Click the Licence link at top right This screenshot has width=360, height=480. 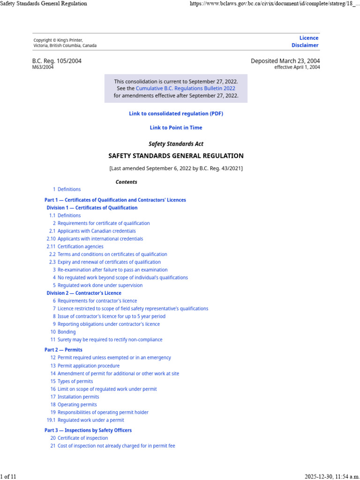[309, 38]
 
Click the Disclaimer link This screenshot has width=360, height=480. [305, 45]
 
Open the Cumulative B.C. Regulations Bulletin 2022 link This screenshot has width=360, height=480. [185, 88]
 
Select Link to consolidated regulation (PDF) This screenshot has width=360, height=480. [176, 113]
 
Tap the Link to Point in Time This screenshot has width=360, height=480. [176, 127]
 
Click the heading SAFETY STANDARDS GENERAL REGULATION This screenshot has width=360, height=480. [176, 156]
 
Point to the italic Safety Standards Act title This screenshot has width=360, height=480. [176, 144]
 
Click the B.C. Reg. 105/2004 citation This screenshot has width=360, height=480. [57, 61]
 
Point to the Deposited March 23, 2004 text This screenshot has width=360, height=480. [285, 61]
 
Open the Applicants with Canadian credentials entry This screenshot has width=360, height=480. [97, 231]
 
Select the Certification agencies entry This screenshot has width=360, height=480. [80, 247]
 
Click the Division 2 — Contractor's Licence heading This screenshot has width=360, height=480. [84, 293]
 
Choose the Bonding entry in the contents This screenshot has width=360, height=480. [67, 332]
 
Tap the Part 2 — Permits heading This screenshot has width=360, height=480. [63, 350]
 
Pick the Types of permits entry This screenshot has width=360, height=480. [75, 382]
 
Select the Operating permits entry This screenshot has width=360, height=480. [77, 405]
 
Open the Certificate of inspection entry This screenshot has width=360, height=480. [82, 438]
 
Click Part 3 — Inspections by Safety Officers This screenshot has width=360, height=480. [88, 430]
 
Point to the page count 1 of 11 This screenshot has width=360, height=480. [8, 477]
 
